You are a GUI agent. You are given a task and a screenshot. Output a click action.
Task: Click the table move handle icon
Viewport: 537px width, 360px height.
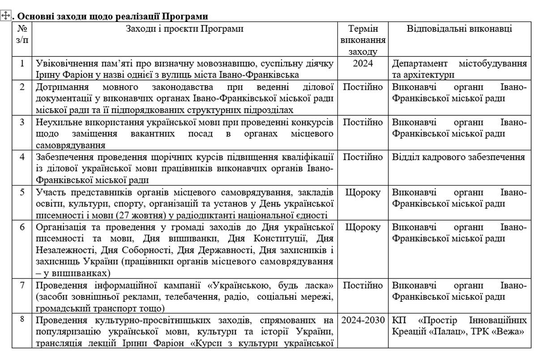tap(6, 16)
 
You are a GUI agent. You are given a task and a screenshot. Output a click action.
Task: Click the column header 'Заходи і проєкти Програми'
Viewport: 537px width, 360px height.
tap(185, 29)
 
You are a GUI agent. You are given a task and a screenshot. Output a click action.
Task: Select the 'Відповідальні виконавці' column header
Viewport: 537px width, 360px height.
tap(460, 29)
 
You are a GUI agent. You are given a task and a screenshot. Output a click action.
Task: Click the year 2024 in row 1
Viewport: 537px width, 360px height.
tap(363, 64)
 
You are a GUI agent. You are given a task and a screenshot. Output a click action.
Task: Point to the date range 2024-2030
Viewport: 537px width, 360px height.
tap(363, 320)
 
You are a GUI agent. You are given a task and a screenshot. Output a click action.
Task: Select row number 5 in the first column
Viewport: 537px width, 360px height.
tap(22, 192)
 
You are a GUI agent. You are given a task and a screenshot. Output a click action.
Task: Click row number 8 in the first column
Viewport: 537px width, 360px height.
tap(22, 320)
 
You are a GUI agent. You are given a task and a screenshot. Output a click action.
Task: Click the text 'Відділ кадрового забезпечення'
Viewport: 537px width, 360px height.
tap(459, 157)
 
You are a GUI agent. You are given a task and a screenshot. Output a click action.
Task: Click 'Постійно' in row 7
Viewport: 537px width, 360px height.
tap(363, 285)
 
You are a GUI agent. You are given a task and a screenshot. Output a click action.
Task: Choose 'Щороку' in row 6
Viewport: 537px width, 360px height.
tap(363, 227)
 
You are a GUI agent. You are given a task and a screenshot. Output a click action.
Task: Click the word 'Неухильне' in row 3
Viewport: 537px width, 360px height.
tap(55, 122)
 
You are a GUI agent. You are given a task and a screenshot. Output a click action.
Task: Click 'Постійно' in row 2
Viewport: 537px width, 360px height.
tap(363, 87)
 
